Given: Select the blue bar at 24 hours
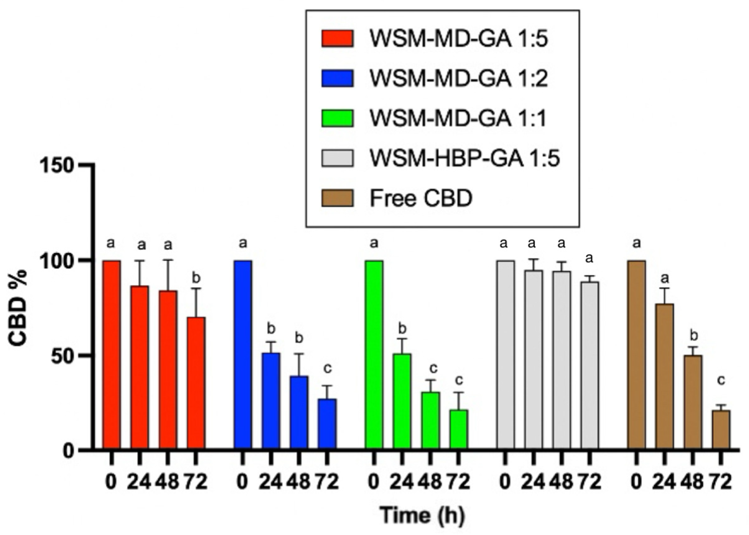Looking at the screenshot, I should pyautogui.click(x=271, y=400).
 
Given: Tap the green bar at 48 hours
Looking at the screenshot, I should pyautogui.click(x=430, y=420).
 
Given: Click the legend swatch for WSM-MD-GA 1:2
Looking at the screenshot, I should pyautogui.click(x=337, y=78).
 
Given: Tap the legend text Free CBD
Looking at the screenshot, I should pyautogui.click(x=421, y=198).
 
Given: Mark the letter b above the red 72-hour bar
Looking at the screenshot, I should pyautogui.click(x=196, y=278).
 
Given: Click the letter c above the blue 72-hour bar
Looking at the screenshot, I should pyautogui.click(x=327, y=368).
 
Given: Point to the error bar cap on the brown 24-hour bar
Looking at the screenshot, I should pyautogui.click(x=664, y=288).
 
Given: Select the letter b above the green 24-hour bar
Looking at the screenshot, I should pyautogui.click(x=402, y=329).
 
